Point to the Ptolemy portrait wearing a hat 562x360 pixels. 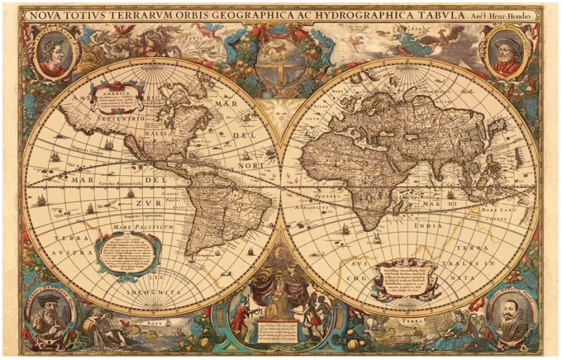pos(507,54)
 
